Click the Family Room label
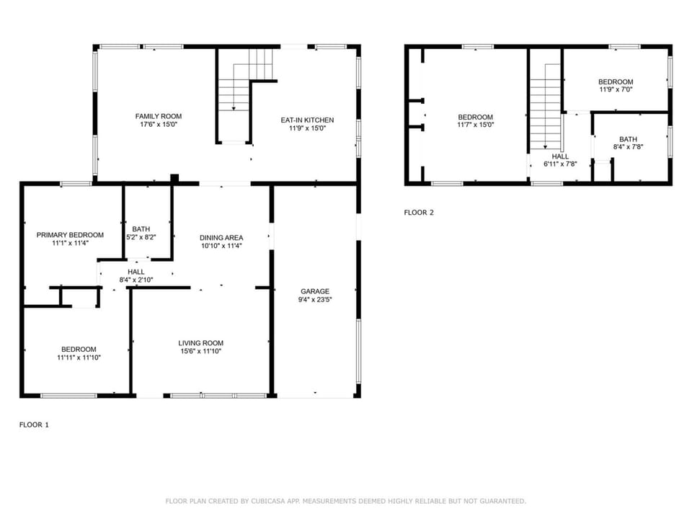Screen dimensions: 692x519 [159, 117]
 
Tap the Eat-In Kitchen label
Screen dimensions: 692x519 [307, 120]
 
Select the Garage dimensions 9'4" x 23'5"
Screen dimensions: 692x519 [315, 300]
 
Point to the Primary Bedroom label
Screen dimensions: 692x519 [70, 235]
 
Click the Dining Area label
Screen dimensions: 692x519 [221, 238]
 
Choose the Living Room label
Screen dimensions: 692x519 [201, 343]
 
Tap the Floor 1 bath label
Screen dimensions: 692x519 [141, 229]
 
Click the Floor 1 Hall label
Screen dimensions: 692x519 [136, 272]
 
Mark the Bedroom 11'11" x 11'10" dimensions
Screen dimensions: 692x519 [79, 358]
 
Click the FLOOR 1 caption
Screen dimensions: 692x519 [34, 425]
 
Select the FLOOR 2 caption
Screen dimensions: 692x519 [419, 213]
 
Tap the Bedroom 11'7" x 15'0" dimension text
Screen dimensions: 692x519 [475, 125]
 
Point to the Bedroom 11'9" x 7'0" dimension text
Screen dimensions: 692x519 [616, 89]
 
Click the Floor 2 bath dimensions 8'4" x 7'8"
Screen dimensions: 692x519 [628, 147]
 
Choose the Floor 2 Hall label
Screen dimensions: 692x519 [561, 156]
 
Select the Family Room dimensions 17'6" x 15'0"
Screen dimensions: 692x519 [159, 125]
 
